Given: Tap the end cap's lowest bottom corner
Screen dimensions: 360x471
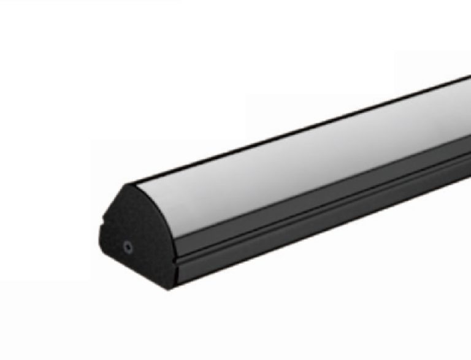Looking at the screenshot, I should (x=177, y=283).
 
